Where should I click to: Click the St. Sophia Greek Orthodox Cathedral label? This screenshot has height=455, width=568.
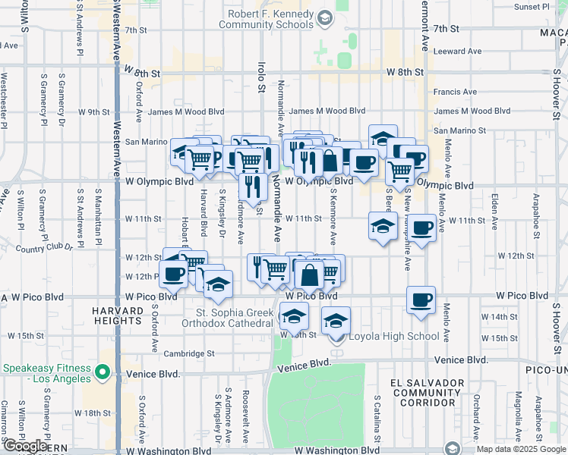[x=234, y=318]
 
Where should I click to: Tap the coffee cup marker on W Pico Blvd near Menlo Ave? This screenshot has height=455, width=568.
[x=421, y=300]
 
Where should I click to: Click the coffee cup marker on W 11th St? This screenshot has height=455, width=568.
[x=422, y=227]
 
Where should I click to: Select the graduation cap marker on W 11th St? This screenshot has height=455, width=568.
[x=383, y=226]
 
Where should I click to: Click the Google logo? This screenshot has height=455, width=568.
[x=25, y=446]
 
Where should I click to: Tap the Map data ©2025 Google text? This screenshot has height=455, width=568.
[x=520, y=449]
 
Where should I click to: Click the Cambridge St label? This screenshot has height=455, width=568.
[x=190, y=353]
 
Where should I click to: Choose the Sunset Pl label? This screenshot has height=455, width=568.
[x=531, y=7]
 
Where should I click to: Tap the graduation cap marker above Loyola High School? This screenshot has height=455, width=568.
[x=336, y=321]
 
